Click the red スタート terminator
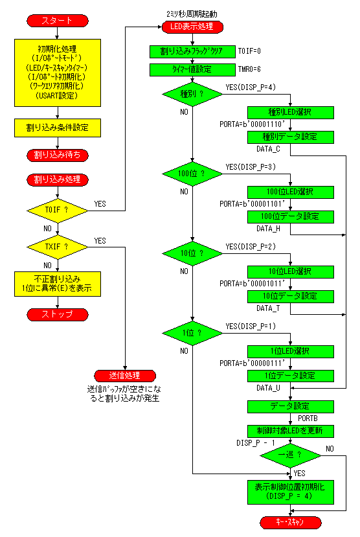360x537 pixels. (x=58, y=21)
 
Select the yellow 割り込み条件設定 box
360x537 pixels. (x=58, y=128)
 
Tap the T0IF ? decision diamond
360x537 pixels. (x=58, y=211)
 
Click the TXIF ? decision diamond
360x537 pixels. (x=58, y=247)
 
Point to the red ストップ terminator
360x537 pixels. (x=58, y=314)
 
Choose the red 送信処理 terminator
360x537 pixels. (x=125, y=376)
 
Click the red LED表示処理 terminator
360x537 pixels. (x=192, y=27)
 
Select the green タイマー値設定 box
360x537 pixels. (x=192, y=69)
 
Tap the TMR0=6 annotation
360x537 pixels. (x=249, y=69)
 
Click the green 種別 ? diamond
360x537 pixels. (x=192, y=94)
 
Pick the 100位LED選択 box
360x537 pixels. (x=291, y=192)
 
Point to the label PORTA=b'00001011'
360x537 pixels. (x=253, y=284)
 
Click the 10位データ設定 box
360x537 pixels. (x=291, y=296)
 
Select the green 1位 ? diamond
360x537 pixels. (x=192, y=333)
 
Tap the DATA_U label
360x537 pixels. (x=268, y=387)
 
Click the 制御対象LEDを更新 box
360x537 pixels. (x=291, y=431)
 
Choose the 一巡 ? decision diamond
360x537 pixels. (x=291, y=455)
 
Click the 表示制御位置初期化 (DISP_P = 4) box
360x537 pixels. (x=291, y=492)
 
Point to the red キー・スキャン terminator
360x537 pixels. (x=291, y=523)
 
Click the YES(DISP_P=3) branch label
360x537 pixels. (x=251, y=166)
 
